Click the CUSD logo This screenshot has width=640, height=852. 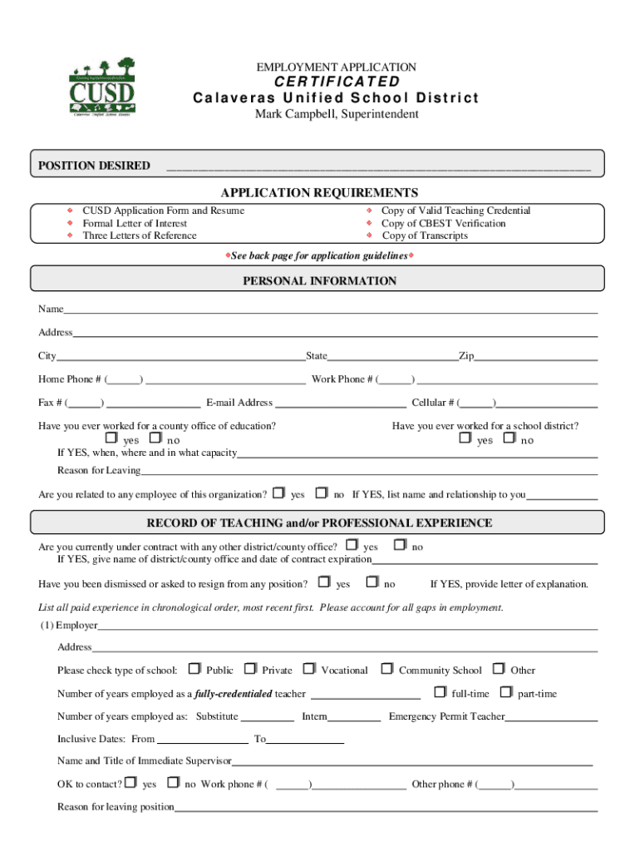(101, 88)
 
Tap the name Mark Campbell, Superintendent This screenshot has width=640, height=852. (337, 114)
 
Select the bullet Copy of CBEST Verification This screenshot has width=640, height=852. (442, 223)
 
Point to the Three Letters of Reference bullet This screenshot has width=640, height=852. (139, 235)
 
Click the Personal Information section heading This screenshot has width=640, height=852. (319, 281)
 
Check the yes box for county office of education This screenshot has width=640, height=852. (111, 438)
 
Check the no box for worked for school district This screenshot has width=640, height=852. (510, 438)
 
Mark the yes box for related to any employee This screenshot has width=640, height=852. (278, 493)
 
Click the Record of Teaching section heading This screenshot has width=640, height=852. (319, 523)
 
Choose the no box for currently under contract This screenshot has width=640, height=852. (399, 545)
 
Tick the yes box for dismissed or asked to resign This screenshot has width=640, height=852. (323, 582)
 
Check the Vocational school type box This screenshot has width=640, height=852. (308, 668)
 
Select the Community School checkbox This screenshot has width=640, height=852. (386, 668)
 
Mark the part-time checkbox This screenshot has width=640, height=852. (505, 691)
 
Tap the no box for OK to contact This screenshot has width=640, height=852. (173, 782)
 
